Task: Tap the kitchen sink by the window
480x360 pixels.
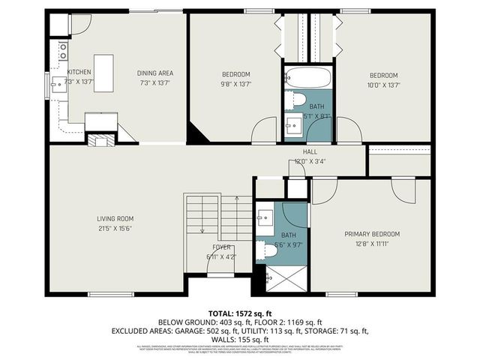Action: [x=57, y=84]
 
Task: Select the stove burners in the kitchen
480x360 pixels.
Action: [x=63, y=51]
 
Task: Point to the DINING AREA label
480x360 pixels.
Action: [x=155, y=73]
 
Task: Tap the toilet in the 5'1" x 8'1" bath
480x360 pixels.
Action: [x=297, y=100]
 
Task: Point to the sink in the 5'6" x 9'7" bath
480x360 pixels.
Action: [x=264, y=218]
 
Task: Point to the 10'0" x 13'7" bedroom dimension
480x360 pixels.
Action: [x=382, y=85]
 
